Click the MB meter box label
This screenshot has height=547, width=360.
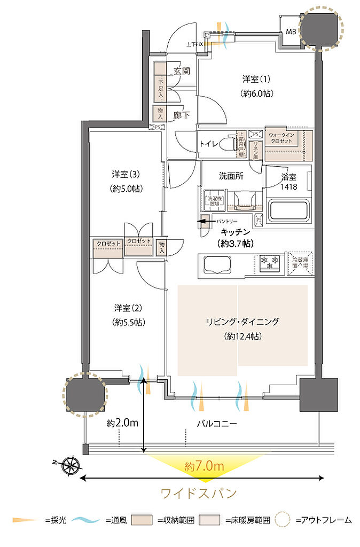(x=291, y=32)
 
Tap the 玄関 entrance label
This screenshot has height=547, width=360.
(x=182, y=71)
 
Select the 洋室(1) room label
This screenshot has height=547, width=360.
(x=256, y=80)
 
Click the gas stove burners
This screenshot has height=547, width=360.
(x=270, y=262)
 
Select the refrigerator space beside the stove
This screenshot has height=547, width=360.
(x=299, y=262)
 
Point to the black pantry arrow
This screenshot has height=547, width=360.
(x=204, y=220)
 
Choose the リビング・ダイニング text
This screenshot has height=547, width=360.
(x=244, y=322)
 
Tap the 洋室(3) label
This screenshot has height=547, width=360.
(x=127, y=175)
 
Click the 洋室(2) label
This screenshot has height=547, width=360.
(x=129, y=308)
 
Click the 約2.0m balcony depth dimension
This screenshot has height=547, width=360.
(x=122, y=423)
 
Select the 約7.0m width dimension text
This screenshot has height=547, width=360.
(x=205, y=466)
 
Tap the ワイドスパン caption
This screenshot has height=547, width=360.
(x=199, y=493)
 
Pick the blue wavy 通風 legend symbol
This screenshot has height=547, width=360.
(x=87, y=519)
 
